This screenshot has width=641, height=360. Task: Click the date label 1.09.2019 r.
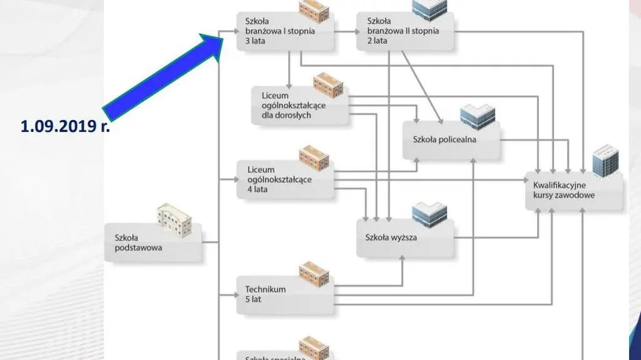pyautogui.click(x=66, y=127)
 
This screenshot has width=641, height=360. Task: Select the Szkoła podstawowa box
pyautogui.click(x=153, y=243)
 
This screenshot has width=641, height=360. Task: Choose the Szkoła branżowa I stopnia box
pyautogui.click(x=285, y=31)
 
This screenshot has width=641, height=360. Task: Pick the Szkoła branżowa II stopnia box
pyautogui.click(x=404, y=31)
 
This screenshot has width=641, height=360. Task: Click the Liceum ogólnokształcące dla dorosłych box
pyautogui.click(x=299, y=105)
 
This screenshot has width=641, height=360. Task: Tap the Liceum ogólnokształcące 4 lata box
pyautogui.click(x=285, y=180)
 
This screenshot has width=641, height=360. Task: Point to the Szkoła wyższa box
pyautogui.click(x=404, y=238)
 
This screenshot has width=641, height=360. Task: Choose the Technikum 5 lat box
pyautogui.click(x=285, y=295)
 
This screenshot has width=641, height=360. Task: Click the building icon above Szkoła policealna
pyautogui.click(x=477, y=116)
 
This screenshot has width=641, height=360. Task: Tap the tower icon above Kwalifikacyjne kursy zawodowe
pyautogui.click(x=605, y=161)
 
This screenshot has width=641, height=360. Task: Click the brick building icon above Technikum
pyautogui.click(x=314, y=273)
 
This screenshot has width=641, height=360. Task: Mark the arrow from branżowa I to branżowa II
pyautogui.click(x=345, y=31)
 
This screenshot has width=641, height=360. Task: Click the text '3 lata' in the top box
pyautogui.click(x=256, y=41)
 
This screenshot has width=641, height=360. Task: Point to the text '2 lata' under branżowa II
pyautogui.click(x=377, y=41)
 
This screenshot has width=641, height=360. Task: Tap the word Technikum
pyautogui.click(x=265, y=290)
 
